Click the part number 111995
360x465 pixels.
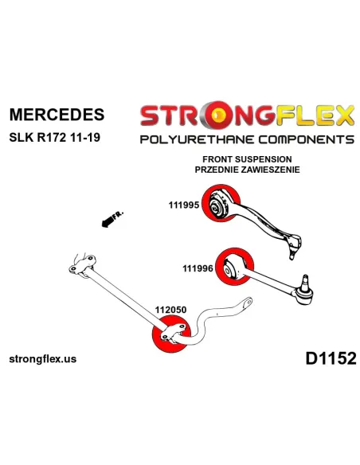click(184, 205)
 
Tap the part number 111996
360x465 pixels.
click(198, 268)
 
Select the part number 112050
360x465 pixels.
click(170, 310)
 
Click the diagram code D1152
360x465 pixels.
click(331, 358)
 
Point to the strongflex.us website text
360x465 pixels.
click(43, 359)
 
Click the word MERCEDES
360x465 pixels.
click(57, 115)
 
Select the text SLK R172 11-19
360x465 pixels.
click(55, 137)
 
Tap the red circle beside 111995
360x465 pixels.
click(221, 203)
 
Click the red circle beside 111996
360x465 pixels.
click(235, 266)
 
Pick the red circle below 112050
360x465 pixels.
click(171, 334)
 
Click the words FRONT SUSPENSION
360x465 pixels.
click(247, 159)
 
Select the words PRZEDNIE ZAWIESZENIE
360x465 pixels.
click(247, 170)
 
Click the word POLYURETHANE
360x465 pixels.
click(197, 139)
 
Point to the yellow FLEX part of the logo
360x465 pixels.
click(315, 115)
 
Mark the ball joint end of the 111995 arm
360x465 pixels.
click(294, 245)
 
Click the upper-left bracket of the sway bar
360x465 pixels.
click(83, 265)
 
